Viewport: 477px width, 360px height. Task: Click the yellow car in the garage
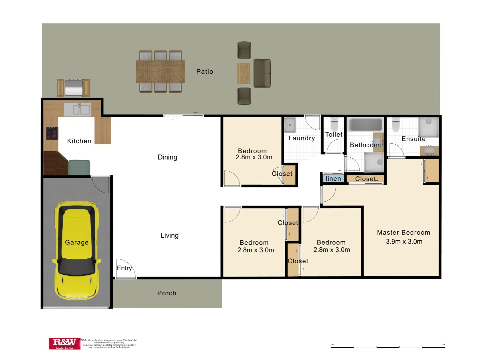coord(76,250)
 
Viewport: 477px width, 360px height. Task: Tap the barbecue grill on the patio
coord(73,88)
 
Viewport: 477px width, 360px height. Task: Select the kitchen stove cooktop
coord(52,133)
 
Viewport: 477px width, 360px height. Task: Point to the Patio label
coord(204,72)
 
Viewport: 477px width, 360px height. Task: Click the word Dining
coord(167,157)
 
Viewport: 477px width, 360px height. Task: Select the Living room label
coord(169,235)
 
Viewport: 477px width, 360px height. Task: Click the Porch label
coord(166,293)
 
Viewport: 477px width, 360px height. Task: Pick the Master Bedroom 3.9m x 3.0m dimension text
coord(404,242)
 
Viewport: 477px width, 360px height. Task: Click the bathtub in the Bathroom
coord(366,125)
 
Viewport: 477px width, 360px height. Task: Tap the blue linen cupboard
coord(333,179)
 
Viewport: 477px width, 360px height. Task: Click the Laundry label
coord(302,138)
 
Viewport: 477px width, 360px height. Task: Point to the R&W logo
coord(65,343)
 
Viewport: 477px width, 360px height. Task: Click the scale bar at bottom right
coord(388,347)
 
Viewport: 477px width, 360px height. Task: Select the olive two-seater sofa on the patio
coord(262,73)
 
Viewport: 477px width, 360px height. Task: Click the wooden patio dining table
coord(160,72)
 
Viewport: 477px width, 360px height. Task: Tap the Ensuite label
coord(413,139)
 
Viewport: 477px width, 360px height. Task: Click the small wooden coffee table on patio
coord(244,73)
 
